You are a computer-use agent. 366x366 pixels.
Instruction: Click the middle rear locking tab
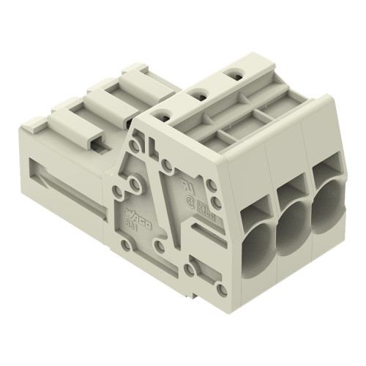coord(108,95)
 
